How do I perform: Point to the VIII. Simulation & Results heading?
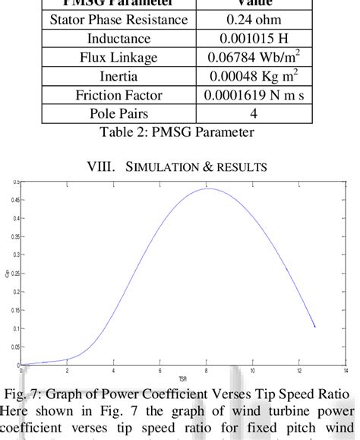[x=180, y=166]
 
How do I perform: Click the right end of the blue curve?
[x=314, y=328]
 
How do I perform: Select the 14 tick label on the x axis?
[x=346, y=371]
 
